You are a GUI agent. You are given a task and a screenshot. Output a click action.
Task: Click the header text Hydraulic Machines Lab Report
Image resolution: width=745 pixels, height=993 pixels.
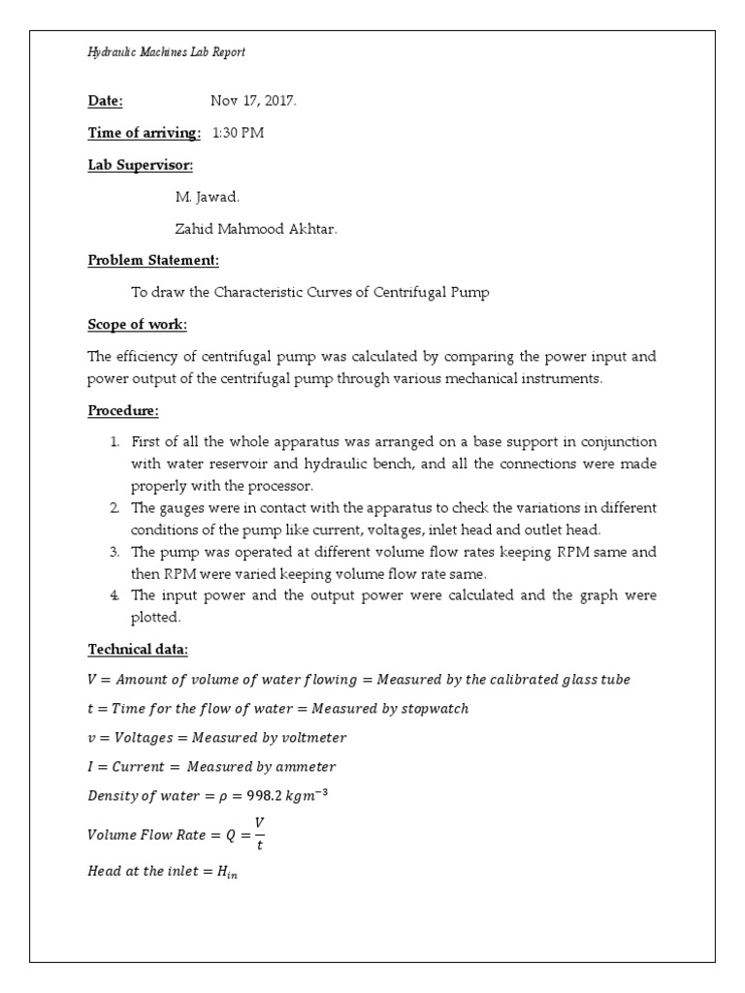(x=166, y=52)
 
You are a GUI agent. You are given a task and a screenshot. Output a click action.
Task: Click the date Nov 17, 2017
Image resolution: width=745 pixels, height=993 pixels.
(x=246, y=100)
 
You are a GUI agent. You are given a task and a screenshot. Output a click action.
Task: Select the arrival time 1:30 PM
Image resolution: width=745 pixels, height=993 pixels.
(x=238, y=133)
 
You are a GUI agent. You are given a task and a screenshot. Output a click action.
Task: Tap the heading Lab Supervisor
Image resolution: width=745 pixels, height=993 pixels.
(x=141, y=165)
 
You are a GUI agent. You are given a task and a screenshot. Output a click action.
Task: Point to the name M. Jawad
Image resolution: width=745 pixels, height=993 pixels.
(x=206, y=197)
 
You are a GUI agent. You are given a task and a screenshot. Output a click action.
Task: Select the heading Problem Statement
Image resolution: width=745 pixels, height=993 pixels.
(x=153, y=260)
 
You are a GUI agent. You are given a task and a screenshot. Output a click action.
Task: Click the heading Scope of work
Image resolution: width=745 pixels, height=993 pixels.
(x=137, y=324)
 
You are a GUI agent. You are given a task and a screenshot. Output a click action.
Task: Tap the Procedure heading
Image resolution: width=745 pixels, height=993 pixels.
(x=123, y=410)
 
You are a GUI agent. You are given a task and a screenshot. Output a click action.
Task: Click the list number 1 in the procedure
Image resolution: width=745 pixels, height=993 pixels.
(x=114, y=442)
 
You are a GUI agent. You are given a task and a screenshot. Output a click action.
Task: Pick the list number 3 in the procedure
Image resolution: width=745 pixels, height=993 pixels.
(x=114, y=551)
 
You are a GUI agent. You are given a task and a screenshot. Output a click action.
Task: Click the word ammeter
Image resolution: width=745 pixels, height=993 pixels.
(x=304, y=767)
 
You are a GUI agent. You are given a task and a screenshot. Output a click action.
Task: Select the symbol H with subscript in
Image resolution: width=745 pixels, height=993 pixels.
(x=226, y=872)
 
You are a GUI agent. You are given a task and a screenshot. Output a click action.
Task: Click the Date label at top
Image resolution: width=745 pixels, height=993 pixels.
(x=106, y=100)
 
